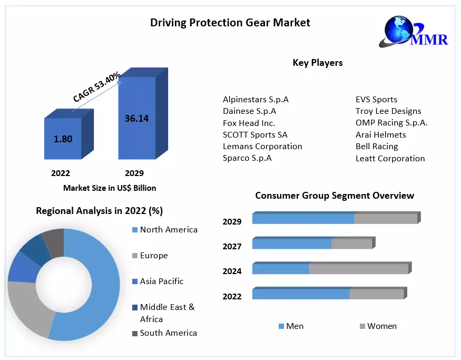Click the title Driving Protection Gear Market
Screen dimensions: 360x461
coord(230,23)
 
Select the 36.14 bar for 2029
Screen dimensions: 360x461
coord(136,118)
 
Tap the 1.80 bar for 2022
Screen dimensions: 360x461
coord(63,139)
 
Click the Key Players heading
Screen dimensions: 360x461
coord(318,63)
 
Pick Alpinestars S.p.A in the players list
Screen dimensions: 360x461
coord(256,99)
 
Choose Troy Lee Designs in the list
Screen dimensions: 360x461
coord(388,111)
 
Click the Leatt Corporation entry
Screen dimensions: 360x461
coord(390,158)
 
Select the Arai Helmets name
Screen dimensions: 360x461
coord(380,134)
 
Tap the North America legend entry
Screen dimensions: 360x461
coord(168,230)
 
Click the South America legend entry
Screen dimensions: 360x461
coord(168,333)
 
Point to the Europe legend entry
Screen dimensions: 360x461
coord(153,256)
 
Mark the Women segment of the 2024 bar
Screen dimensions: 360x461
coord(358,269)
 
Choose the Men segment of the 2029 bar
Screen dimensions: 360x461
coord(303,219)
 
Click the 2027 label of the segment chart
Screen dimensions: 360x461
coord(232,246)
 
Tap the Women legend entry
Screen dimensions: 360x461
coord(381,326)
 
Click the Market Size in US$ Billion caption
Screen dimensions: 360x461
coord(110,188)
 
